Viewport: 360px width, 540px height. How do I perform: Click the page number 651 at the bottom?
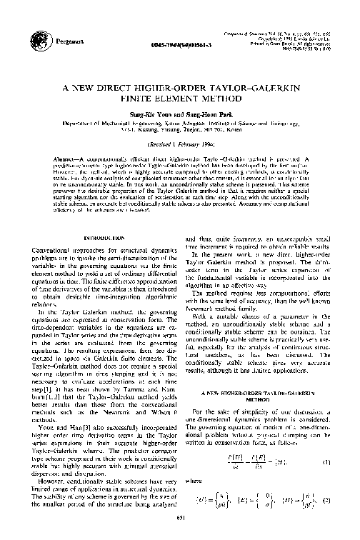coord(180,529)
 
